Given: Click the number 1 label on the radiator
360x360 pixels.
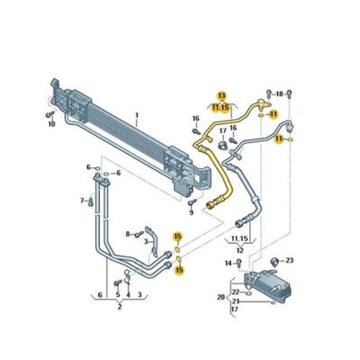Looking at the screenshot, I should pyautogui.click(x=136, y=115).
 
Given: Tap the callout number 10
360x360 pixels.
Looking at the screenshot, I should pyautogui.click(x=50, y=123).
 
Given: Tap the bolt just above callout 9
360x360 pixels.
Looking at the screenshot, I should pyautogui.click(x=191, y=202).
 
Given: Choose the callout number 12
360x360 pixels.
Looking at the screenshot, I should pyautogui.click(x=239, y=249).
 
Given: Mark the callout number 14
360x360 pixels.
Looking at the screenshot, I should pyautogui.click(x=228, y=263).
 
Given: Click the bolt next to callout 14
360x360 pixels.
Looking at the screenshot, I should pyautogui.click(x=238, y=263).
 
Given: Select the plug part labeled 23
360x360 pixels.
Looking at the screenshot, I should pyautogui.click(x=275, y=261).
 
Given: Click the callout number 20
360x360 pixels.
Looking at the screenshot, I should pyautogui.click(x=220, y=296).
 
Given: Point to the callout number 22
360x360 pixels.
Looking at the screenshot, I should pyautogui.click(x=235, y=291).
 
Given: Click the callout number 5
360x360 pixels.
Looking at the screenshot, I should pyautogui.click(x=117, y=293).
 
